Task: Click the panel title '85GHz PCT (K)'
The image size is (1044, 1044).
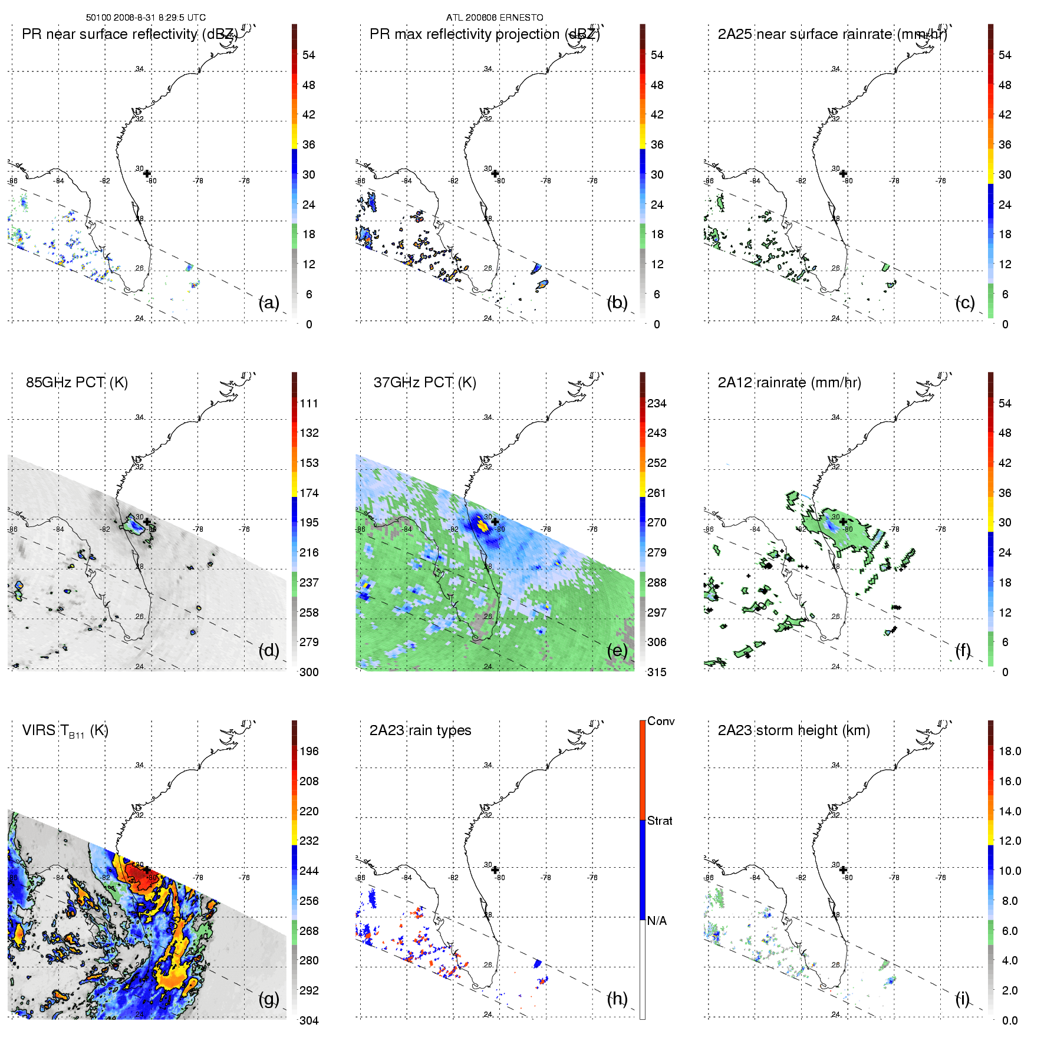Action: point(77,383)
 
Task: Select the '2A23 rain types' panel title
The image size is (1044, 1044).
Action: point(420,730)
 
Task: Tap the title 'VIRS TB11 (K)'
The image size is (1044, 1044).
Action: point(65,731)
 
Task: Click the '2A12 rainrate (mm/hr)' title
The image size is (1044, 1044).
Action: point(789,383)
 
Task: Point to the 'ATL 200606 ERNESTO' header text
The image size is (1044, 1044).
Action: point(494,18)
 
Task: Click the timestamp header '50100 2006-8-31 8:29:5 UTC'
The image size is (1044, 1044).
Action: point(146,18)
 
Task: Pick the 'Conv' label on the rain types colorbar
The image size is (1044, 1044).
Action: point(660,721)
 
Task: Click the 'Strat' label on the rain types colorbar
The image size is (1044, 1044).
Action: point(659,821)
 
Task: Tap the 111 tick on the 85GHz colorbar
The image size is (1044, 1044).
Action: point(308,403)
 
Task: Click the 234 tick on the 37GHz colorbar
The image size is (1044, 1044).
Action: point(656,403)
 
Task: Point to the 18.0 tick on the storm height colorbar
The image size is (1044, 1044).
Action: point(1009,751)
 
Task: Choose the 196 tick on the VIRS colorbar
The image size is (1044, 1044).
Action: point(308,751)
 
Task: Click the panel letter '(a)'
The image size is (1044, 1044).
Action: point(269,303)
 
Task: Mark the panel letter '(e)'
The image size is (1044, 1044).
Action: point(617,651)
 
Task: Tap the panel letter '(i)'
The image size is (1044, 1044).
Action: point(962,999)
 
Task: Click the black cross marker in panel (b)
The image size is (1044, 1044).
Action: point(495,173)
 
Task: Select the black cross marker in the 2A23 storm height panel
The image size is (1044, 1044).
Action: point(843,870)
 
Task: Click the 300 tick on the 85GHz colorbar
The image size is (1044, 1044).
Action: point(308,672)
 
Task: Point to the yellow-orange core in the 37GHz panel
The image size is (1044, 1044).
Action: point(483,527)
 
